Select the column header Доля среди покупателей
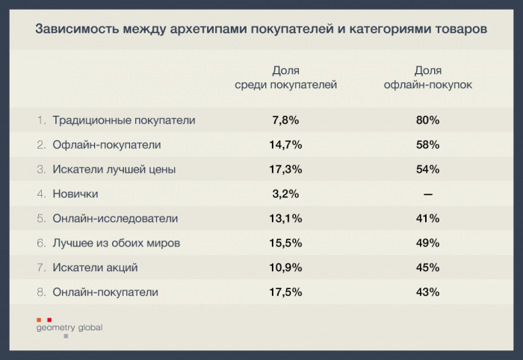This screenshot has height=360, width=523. point(285,78)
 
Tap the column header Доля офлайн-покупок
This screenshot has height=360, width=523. point(427,78)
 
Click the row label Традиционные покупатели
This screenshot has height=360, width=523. point(124,120)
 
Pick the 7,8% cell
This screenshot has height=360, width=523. point(285,120)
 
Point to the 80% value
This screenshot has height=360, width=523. point(427,120)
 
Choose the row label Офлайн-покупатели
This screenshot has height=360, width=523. point(107,145)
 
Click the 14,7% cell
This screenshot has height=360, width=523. point(285,145)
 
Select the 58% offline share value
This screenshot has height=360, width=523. point(427,145)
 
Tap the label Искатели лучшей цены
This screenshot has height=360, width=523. point(114,170)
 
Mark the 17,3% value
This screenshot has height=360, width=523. point(285,170)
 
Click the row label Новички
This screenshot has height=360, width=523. point(75,194)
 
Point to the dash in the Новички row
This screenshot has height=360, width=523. point(427,194)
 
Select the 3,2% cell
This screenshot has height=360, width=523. point(285,194)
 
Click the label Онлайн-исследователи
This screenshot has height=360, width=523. point(116,219)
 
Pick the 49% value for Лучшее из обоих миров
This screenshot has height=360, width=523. point(427,243)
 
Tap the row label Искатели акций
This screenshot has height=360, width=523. point(96,267)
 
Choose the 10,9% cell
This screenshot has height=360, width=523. point(285,267)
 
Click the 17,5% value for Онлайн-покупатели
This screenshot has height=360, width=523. point(285,292)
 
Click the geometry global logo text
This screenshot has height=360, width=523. point(69,327)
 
